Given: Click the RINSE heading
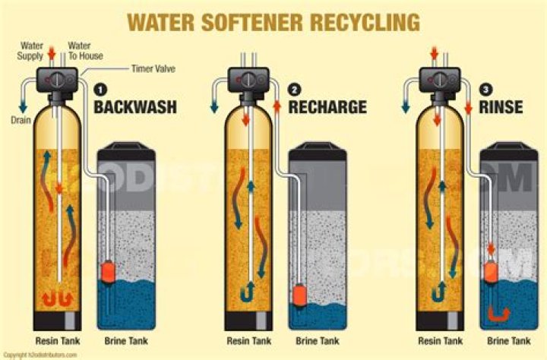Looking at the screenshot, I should tap(501, 106).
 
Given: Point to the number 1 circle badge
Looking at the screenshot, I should tap(99, 89).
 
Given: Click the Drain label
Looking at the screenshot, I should tap(20, 119).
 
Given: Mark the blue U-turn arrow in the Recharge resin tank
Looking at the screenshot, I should tap(246, 292).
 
